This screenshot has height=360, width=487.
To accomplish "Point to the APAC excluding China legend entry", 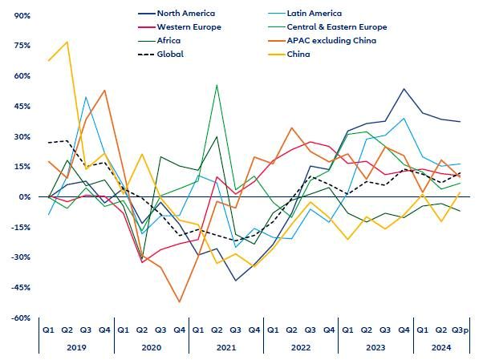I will pos(331,41).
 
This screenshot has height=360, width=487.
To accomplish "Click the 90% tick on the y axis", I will pos(22,16).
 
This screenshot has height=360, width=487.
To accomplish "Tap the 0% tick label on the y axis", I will pos(24,197).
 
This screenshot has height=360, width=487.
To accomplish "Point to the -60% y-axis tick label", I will pos(20,318).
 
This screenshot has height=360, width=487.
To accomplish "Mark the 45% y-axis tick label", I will pos(22,107).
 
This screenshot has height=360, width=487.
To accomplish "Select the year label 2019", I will pos(77,346).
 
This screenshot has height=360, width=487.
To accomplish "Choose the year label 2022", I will pos(301,346).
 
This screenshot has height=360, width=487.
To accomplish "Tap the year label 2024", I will pos(440,346).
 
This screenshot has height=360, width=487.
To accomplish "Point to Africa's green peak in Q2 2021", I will pos(217,85).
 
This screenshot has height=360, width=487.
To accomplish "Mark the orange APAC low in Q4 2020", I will pos(180,302).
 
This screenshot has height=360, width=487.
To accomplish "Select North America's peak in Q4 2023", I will pos(404,89).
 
